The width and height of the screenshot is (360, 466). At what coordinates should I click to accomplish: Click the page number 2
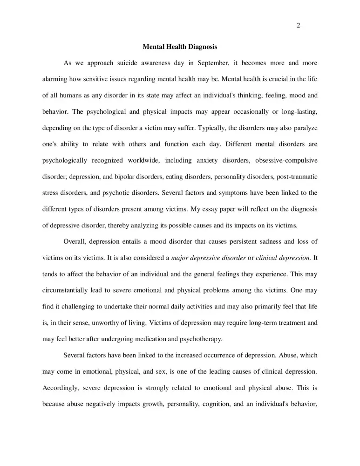(298, 26)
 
